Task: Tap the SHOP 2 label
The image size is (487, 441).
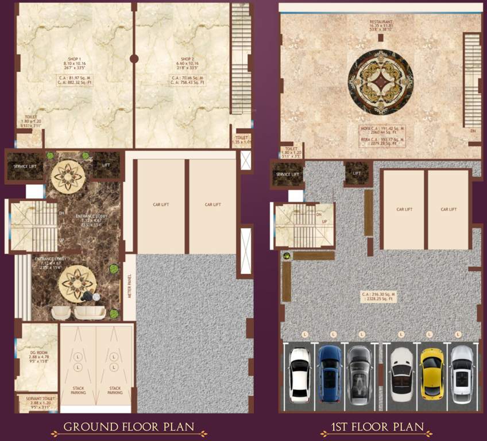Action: pyautogui.click(x=185, y=59)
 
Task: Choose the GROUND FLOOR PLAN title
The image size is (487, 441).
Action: pyautogui.click(x=129, y=427)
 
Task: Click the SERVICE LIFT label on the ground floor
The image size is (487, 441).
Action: pyautogui.click(x=24, y=166)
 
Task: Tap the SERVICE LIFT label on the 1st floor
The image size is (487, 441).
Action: pyautogui.click(x=287, y=174)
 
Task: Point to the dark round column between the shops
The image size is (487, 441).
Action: pyautogui.click(x=134, y=58)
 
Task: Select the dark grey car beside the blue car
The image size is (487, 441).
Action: pyautogui.click(x=358, y=374)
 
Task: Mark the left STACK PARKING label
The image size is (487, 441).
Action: pyautogui.click(x=79, y=390)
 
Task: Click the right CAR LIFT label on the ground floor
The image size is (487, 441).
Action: pyautogui.click(x=212, y=204)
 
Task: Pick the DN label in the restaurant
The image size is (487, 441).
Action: pyautogui.click(x=473, y=131)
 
